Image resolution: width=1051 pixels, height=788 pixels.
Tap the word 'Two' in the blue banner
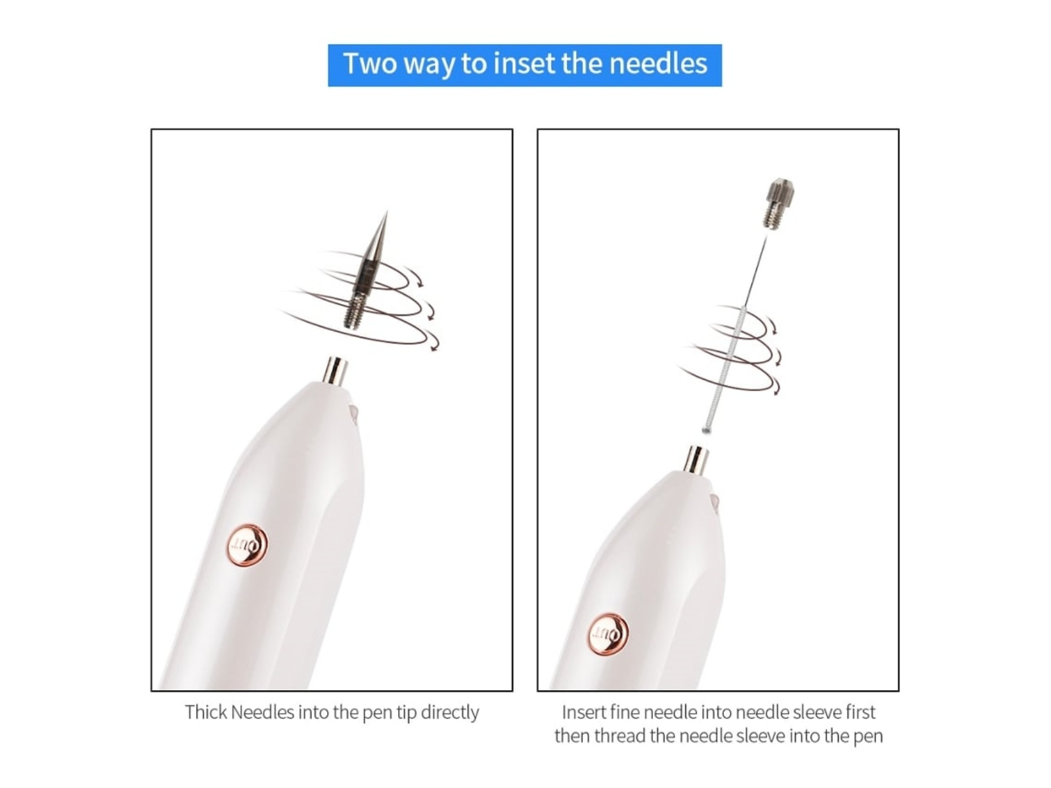tap(370, 64)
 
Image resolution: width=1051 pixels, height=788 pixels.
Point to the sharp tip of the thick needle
tap(386, 211)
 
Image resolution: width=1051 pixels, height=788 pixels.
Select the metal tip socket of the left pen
tap(335, 371)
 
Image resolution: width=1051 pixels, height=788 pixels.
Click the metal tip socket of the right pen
tap(696, 460)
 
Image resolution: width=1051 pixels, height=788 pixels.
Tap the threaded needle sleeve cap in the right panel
tap(779, 203)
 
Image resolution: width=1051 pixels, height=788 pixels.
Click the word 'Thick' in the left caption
tap(206, 712)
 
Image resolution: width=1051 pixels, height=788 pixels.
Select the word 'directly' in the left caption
tap(449, 713)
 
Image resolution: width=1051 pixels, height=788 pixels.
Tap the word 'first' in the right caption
tap(861, 712)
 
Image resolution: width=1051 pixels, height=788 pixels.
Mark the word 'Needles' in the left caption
tap(262, 712)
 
